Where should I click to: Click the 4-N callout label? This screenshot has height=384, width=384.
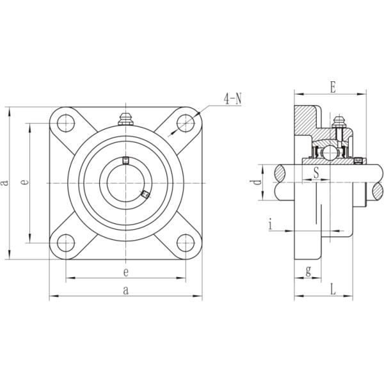click(x=232, y=99)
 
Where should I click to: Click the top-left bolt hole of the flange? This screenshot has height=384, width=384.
click(x=66, y=123)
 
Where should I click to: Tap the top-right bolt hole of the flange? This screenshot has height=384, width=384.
click(x=186, y=123)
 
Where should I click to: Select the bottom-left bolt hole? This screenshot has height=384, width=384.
click(x=66, y=243)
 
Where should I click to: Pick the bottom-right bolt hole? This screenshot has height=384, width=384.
click(x=186, y=243)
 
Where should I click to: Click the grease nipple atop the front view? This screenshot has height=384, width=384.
click(x=125, y=119)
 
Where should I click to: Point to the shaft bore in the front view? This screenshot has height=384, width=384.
click(x=125, y=183)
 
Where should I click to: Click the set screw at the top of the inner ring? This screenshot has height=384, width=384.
click(x=125, y=160)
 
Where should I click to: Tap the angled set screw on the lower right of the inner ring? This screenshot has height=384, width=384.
click(x=145, y=194)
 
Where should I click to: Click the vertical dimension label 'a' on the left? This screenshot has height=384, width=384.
click(x=4, y=182)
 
